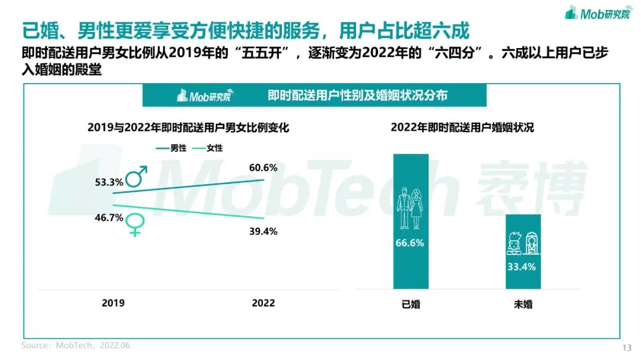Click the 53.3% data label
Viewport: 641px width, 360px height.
pos(108,182)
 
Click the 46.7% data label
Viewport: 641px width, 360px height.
pos(108,218)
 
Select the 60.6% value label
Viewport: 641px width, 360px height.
pos(263,168)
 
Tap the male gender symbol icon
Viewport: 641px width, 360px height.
pos(137,176)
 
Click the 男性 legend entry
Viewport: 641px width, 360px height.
pos(172,148)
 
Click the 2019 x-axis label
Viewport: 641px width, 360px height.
pos(113,302)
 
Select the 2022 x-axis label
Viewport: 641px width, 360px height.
pos(263,302)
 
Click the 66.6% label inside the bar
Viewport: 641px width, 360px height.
pos(410,243)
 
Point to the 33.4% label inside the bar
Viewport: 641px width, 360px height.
pos(522,266)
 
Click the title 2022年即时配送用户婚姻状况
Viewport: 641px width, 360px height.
pos(462,128)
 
